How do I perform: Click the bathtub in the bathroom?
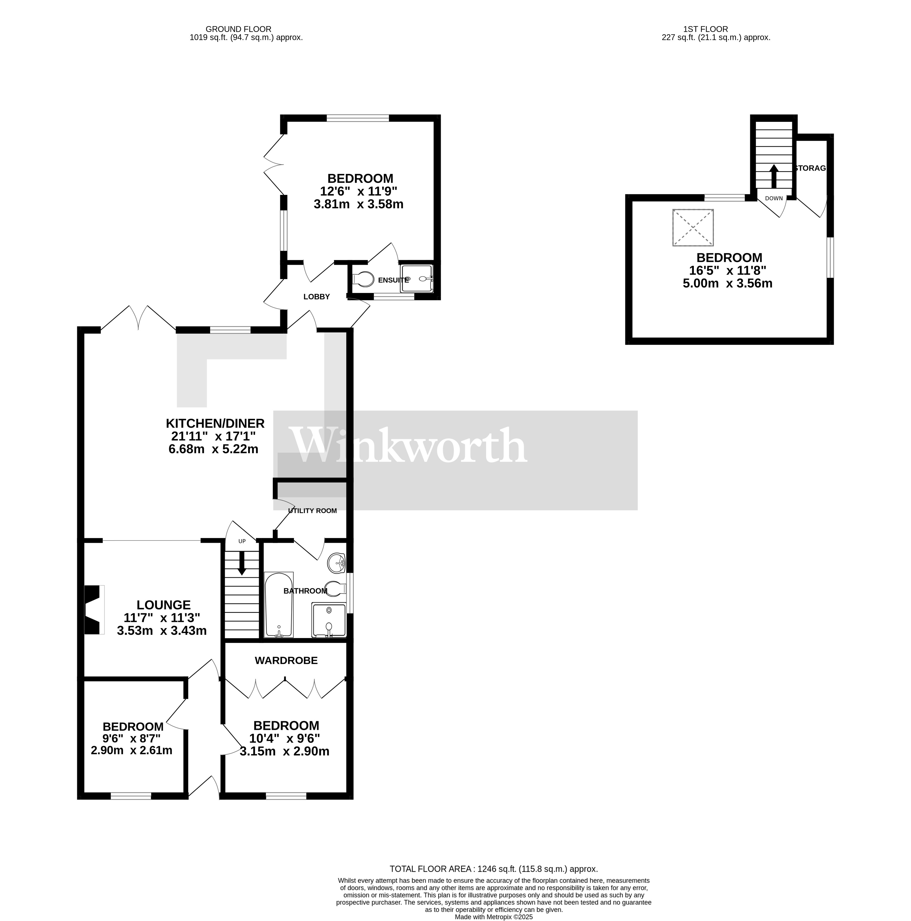point(279,604)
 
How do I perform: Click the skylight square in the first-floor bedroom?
point(693,227)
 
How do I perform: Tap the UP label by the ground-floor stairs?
point(242,541)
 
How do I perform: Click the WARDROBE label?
point(286,660)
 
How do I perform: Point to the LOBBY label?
point(317,297)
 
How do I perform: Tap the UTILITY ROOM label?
point(312,511)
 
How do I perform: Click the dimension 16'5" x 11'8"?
point(728,270)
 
